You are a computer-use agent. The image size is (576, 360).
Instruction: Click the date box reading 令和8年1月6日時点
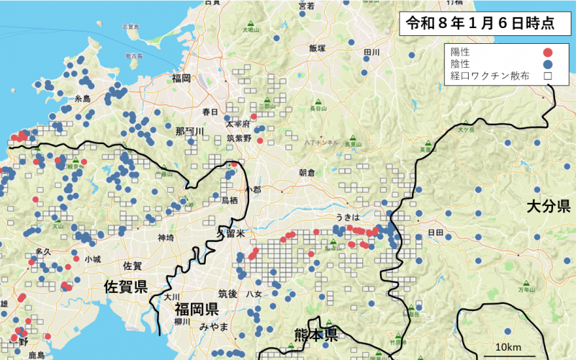(480, 23)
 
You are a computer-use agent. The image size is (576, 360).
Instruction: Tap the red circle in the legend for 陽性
(547, 52)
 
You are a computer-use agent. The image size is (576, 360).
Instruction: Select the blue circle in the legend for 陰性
(547, 63)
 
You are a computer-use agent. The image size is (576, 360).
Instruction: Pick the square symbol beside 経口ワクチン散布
(547, 75)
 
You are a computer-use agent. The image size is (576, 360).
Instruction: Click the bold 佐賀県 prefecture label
(125, 287)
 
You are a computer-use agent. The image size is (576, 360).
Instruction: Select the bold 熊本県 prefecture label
(315, 333)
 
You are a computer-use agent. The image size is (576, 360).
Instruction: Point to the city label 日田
(435, 233)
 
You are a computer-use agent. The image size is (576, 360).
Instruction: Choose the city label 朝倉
(307, 173)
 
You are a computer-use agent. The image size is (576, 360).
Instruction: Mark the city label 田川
(372, 53)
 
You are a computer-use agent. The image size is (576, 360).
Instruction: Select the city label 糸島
(82, 99)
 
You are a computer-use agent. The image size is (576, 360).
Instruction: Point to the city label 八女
(254, 294)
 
